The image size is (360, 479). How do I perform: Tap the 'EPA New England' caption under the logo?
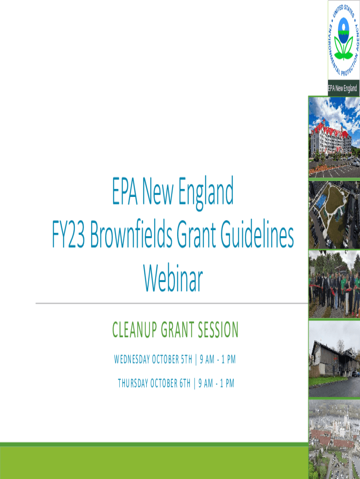coord(343,88)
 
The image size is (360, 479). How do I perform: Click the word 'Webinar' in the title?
coord(173,279)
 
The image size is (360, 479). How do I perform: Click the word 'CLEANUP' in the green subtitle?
coord(134,330)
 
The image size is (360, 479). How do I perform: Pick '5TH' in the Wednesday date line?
coord(186,360)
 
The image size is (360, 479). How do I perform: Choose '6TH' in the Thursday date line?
coord(184,384)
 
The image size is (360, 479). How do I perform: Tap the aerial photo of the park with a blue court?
coord(334,214)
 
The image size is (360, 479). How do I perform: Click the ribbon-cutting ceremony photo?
coord(334,284)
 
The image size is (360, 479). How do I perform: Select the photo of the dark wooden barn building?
coord(334,358)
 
